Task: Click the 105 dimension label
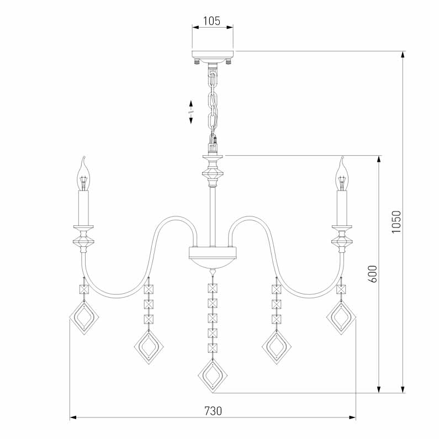pos(212,22)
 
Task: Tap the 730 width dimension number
pos(213,411)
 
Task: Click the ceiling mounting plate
pos(213,55)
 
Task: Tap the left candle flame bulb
pos(83,174)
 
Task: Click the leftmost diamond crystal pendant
pos(83,319)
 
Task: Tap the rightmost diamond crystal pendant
pos(341,319)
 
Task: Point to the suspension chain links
pos(213,102)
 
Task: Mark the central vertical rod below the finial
pos(213,215)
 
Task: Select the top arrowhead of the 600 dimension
pos(379,160)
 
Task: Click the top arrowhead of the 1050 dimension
pos(403,55)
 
